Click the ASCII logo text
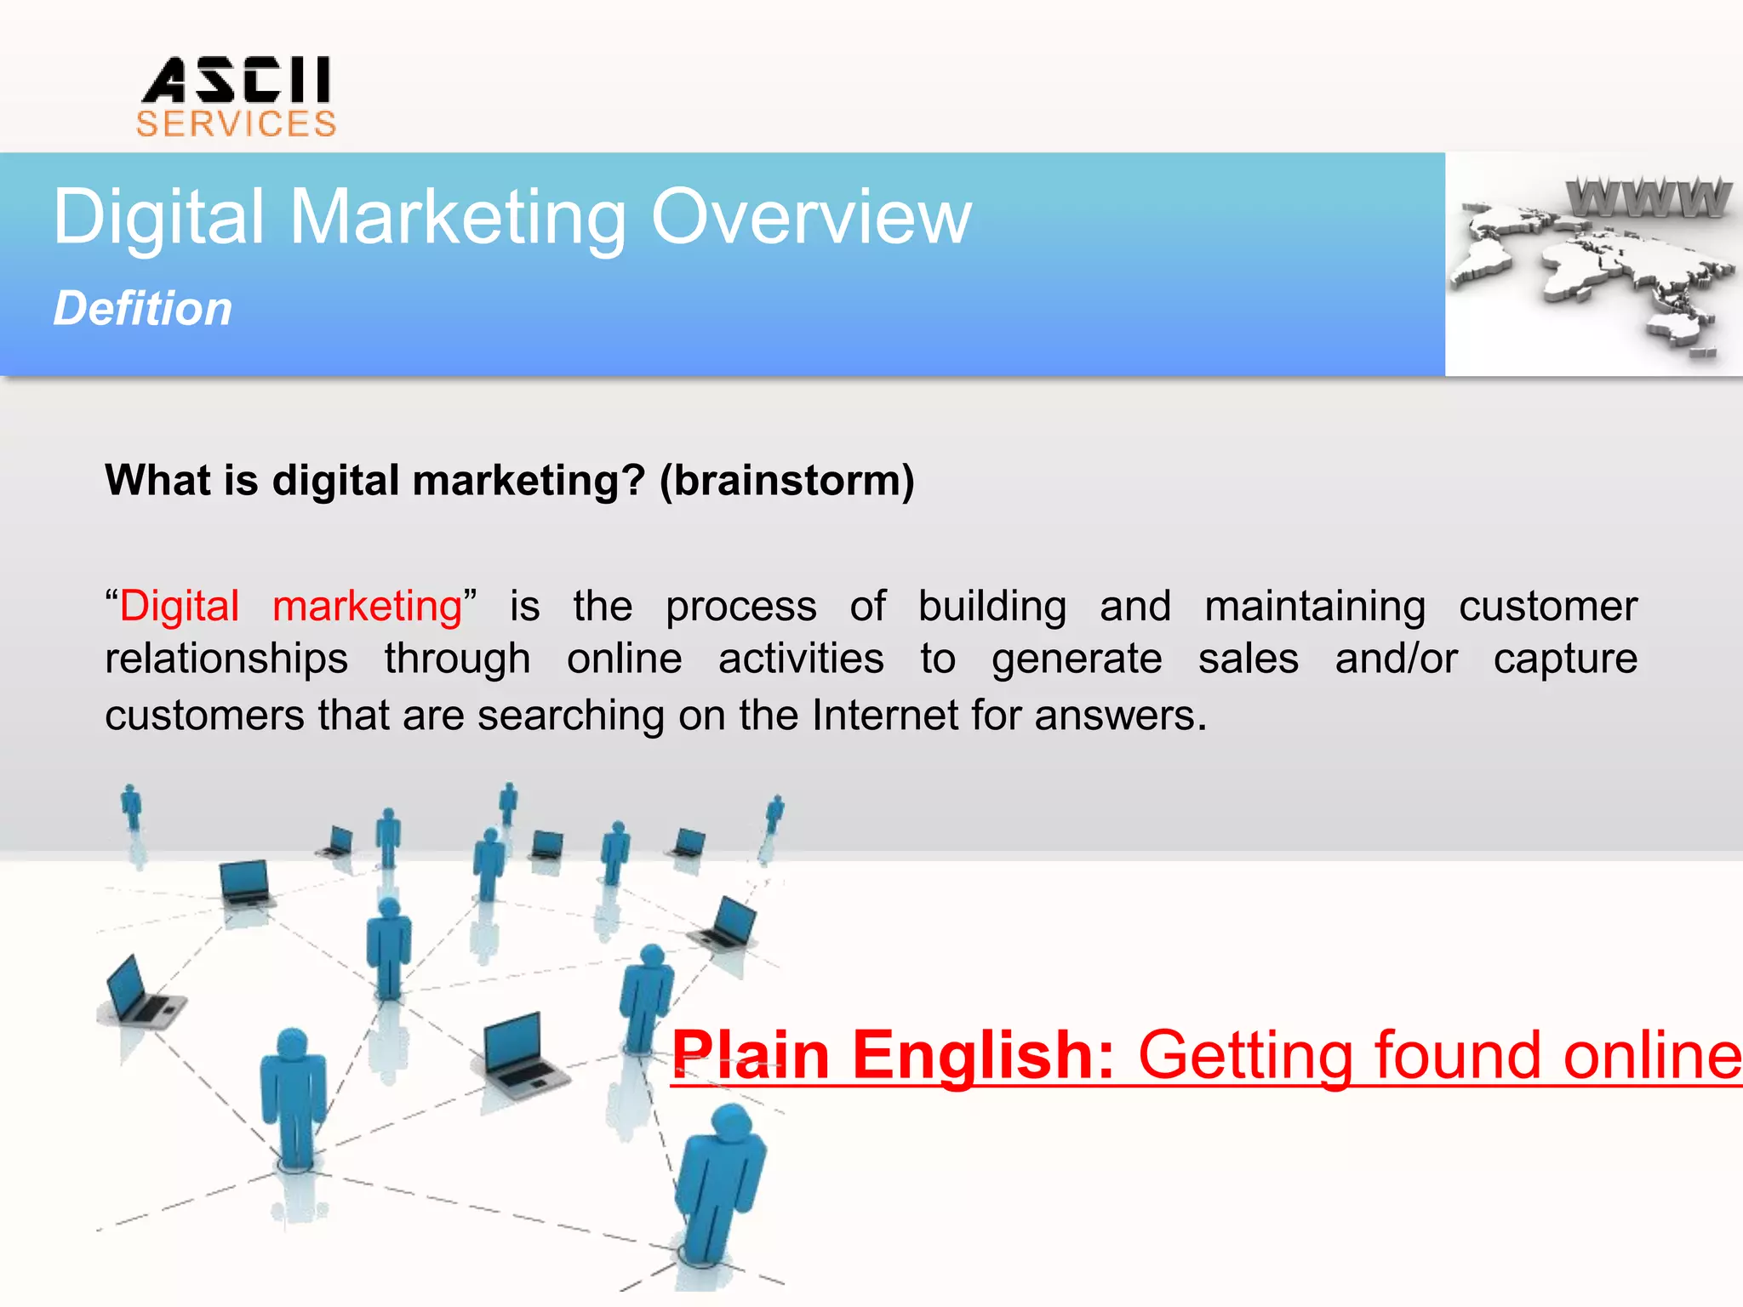236,80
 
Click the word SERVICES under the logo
236,124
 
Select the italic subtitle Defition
143,308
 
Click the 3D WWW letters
1648,197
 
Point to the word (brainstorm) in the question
786,481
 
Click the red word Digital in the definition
180,607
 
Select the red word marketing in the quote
367,607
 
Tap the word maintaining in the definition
1315,607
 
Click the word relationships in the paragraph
226,659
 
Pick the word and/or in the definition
1396,659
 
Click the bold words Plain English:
892,1055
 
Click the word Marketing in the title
458,218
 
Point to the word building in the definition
992,607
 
